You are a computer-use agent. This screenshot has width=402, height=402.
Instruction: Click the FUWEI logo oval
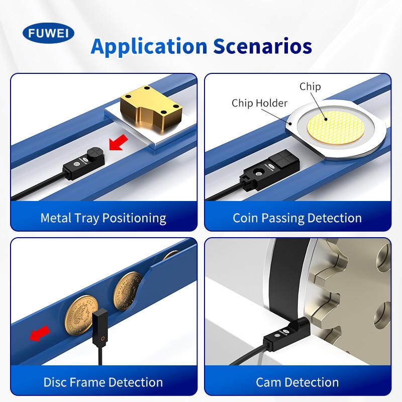[x=48, y=33]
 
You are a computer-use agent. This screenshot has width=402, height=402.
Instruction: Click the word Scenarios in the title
[x=262, y=46]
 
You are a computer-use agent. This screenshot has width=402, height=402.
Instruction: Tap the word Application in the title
[x=149, y=47]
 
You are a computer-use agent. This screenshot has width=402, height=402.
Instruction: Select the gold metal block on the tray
[x=151, y=109]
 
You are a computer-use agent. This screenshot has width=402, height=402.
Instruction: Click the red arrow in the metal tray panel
[x=119, y=143]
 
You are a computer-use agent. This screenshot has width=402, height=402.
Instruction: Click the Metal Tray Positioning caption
[x=104, y=219]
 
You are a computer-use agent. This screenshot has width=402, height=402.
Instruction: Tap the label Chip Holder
[x=259, y=103]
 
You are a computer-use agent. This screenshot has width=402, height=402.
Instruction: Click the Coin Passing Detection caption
[x=297, y=218]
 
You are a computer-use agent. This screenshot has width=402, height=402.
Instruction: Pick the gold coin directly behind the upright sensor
[x=81, y=315]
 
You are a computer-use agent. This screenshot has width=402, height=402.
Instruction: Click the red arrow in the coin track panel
[x=40, y=333]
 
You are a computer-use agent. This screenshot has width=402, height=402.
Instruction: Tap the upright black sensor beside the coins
[x=100, y=329]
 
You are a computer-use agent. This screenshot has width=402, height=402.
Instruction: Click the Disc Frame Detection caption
[x=103, y=382]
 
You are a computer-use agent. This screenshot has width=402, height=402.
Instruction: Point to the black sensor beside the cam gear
[x=286, y=334]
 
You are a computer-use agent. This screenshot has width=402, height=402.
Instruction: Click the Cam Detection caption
[x=297, y=382]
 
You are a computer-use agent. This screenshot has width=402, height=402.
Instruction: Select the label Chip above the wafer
[x=310, y=86]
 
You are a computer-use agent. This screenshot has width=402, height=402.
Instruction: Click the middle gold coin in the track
[x=128, y=291]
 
